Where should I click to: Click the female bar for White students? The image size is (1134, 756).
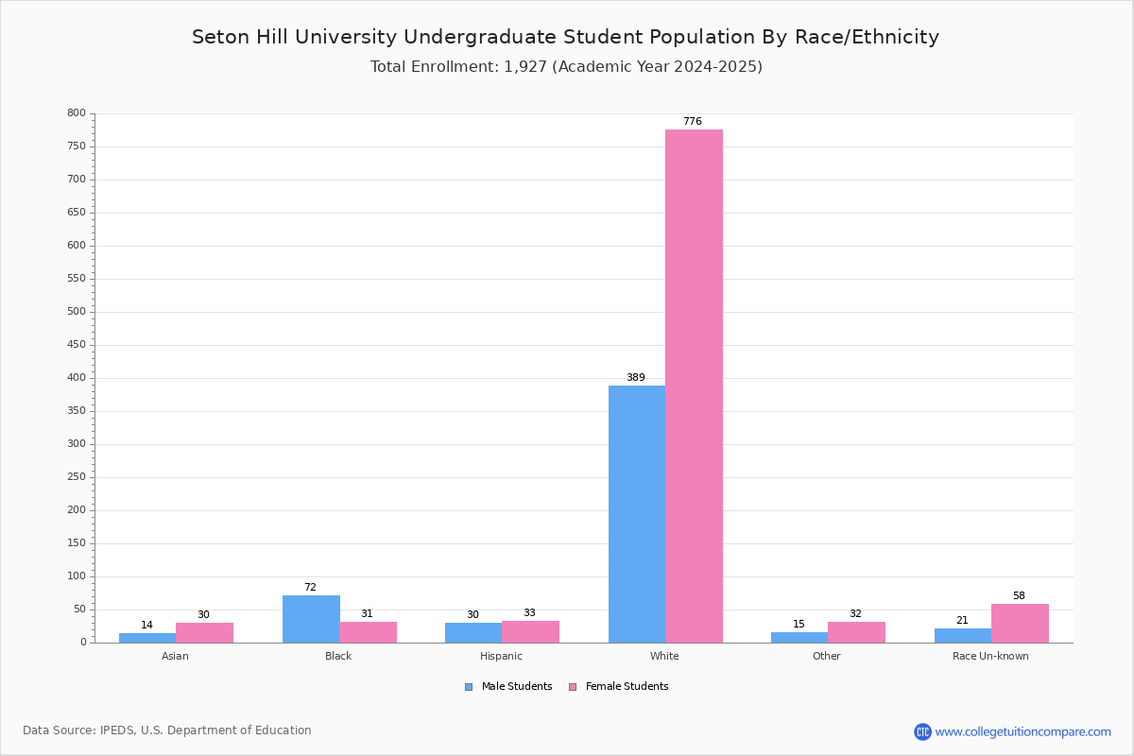coord(694,387)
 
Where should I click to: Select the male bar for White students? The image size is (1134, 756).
coord(637,514)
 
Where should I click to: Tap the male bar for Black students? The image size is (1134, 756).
coord(311,619)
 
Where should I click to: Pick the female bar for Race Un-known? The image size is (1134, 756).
coord(1020,624)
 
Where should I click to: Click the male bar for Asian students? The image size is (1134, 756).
coord(147,638)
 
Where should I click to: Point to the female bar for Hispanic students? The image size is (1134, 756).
coord(530,632)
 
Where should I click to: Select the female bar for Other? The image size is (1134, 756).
coord(856,632)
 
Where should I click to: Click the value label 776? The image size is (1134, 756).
coord(693,121)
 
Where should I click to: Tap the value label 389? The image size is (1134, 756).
coord(636,377)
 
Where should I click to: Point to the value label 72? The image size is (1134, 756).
coord(310,587)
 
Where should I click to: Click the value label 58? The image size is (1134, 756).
coord(1019,595)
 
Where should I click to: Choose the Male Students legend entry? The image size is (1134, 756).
coord(508,686)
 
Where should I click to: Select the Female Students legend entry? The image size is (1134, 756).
coord(619,686)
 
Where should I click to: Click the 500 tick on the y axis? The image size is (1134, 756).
coord(77,312)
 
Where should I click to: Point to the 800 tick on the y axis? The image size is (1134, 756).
coord(77,112)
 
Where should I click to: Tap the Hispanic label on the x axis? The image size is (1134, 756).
coord(501,656)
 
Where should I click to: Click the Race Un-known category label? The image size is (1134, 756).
coord(990,656)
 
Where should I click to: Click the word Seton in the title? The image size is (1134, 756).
coord(221,37)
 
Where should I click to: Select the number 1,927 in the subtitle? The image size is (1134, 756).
coord(525,67)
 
